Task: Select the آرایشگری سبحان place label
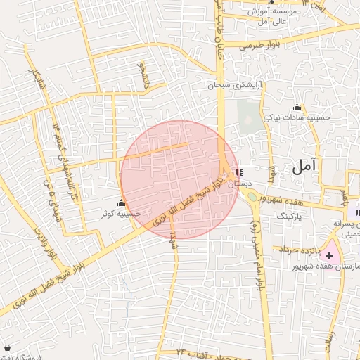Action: [x=234, y=85]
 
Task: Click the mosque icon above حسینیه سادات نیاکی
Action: [x=297, y=108]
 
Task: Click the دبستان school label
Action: [x=239, y=182]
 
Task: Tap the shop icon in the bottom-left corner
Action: [x=7, y=347]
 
